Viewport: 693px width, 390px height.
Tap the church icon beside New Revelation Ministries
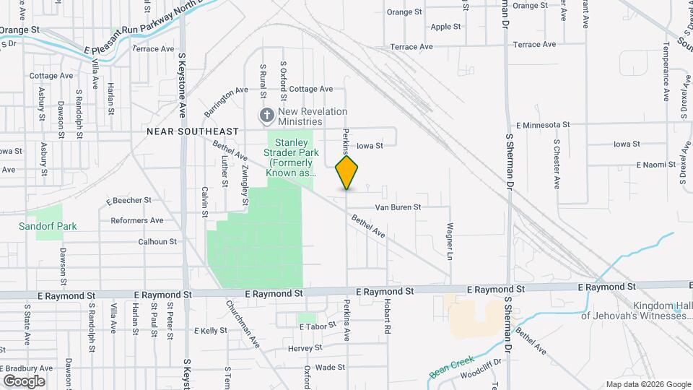267,116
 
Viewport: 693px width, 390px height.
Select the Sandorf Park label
48,226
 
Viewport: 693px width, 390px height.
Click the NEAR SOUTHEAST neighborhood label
192,131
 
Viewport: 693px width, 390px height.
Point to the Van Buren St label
397,207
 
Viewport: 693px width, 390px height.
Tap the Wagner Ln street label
450,242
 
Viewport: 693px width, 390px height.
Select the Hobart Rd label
388,316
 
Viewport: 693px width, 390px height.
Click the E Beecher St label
128,200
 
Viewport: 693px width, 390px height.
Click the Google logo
24,381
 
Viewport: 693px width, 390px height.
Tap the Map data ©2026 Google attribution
648,384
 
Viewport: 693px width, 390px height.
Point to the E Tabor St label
318,326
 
